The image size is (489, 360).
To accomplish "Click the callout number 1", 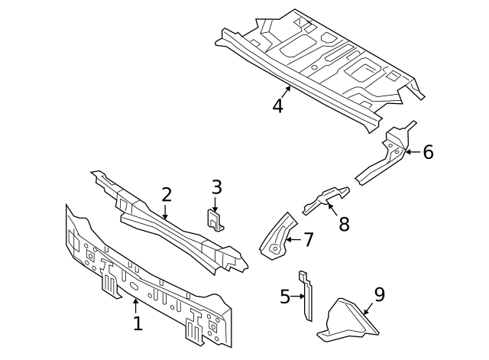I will point(138,323).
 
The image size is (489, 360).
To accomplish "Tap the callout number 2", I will point(166,195).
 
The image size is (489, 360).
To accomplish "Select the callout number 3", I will point(216,187).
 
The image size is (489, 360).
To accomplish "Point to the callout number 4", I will point(277,105).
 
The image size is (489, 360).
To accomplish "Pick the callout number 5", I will point(285,296).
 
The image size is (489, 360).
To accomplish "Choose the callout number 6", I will point(428,152).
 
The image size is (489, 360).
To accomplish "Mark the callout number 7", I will point(308,240).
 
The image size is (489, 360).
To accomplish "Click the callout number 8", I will point(343,224).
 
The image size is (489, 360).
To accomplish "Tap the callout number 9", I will point(379,294).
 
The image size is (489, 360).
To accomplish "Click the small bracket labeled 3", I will point(215,219).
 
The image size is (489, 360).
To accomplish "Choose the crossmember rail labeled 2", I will point(168,222).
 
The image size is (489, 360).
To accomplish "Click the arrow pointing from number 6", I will point(411,152).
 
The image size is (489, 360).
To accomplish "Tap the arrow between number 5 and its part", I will point(299,296).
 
